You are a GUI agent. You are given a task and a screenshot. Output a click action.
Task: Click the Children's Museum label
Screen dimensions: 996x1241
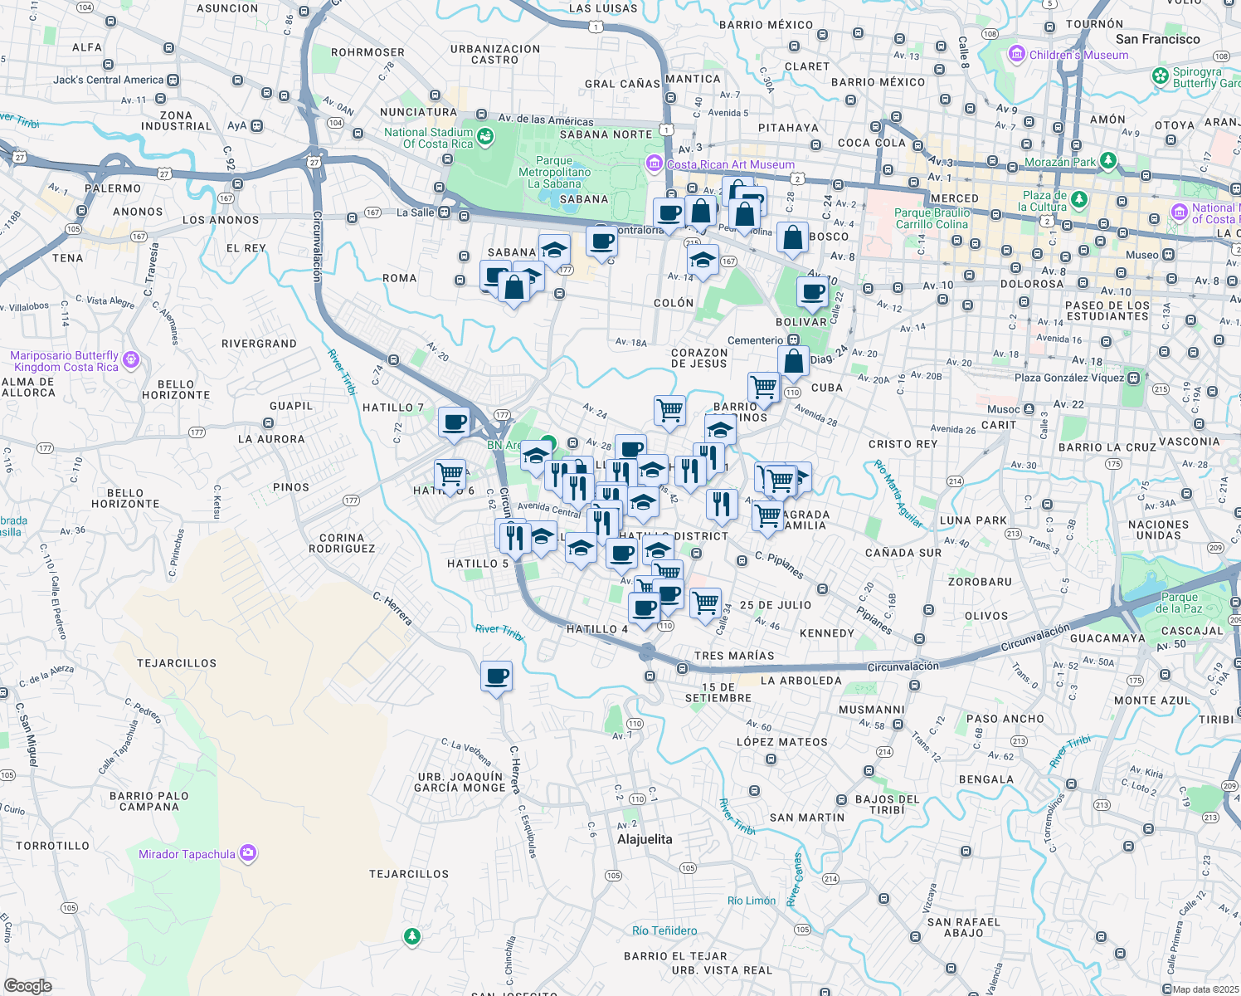coord(1078,55)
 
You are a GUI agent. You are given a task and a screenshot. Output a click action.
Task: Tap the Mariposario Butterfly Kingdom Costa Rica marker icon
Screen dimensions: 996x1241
coord(130,360)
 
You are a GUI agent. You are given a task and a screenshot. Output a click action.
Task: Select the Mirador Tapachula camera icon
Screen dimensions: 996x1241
coord(248,853)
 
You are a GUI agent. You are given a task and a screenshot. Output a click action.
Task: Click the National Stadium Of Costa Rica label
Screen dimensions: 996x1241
coord(428,138)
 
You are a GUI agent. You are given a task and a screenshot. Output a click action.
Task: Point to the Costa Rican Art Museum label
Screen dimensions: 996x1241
coord(730,164)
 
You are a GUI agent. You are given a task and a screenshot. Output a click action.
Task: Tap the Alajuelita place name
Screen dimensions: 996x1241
coord(645,839)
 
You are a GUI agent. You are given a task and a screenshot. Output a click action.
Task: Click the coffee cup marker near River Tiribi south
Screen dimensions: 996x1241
coord(497,676)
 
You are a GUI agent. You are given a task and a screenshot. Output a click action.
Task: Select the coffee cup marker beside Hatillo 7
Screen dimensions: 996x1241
coord(455,422)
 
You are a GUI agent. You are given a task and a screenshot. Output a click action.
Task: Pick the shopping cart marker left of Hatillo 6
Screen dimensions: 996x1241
coord(450,475)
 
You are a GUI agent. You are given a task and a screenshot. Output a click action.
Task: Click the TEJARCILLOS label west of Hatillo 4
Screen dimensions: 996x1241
coord(177,663)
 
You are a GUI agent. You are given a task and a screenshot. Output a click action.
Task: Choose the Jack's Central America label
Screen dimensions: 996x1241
coord(109,80)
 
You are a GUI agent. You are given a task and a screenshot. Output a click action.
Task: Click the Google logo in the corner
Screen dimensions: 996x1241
coord(28,985)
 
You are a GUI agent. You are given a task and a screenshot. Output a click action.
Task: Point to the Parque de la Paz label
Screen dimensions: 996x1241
coord(1180,603)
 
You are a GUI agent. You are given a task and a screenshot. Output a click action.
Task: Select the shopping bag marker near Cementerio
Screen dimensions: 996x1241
coord(794,361)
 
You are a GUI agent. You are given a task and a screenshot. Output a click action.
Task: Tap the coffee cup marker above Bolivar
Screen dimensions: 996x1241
coord(813,292)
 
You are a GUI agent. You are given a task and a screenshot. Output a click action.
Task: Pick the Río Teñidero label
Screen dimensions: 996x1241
coord(664,930)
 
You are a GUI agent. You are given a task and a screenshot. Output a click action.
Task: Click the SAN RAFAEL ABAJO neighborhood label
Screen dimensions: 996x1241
coord(964,927)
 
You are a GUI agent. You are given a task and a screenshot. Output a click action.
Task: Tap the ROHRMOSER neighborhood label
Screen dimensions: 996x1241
coord(367,52)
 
